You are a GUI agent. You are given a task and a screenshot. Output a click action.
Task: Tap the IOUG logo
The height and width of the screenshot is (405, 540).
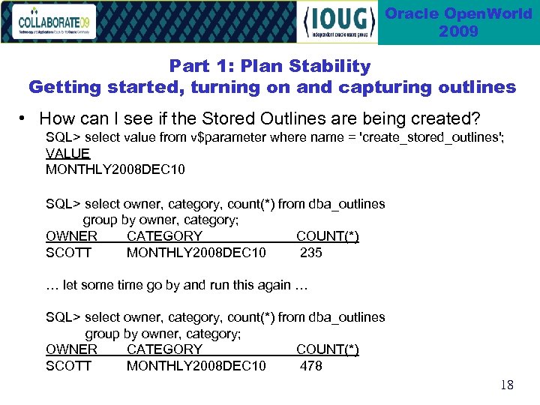337,22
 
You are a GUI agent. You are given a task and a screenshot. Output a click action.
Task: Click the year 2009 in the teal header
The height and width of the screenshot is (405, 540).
458,31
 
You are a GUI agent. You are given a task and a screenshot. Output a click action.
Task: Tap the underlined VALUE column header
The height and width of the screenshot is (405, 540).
67,154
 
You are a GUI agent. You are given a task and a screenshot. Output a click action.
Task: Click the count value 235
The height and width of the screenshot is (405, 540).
311,253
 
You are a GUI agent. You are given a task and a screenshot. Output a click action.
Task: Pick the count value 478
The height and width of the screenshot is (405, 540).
311,366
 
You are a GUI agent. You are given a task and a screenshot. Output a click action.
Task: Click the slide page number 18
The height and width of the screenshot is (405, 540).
507,385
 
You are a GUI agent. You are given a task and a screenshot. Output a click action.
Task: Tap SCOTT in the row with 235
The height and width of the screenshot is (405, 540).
68,253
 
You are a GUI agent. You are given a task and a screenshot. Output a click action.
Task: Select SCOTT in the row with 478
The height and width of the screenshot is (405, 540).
68,366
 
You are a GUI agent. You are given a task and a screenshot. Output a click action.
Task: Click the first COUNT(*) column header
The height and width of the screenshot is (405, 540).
327,236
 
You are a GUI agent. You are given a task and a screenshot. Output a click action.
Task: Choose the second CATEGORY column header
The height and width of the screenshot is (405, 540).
164,349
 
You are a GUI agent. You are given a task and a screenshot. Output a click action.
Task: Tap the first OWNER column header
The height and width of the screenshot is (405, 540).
71,236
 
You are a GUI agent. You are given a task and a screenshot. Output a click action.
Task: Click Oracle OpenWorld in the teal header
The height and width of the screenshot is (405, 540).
458,14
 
